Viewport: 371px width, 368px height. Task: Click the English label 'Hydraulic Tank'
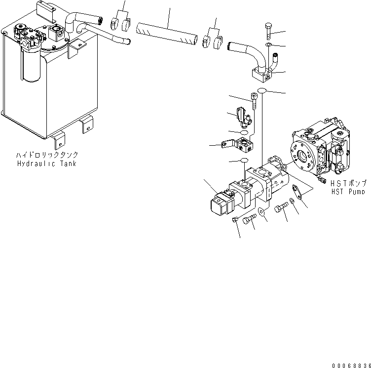pos(46,164)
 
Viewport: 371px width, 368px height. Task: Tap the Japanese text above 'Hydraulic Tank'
pos(46,155)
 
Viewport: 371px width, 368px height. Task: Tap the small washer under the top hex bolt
pos(267,45)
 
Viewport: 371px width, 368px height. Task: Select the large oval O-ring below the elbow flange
pos(262,90)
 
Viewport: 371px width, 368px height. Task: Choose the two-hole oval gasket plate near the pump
pos(297,191)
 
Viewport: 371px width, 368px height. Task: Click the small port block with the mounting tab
pos(243,144)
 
